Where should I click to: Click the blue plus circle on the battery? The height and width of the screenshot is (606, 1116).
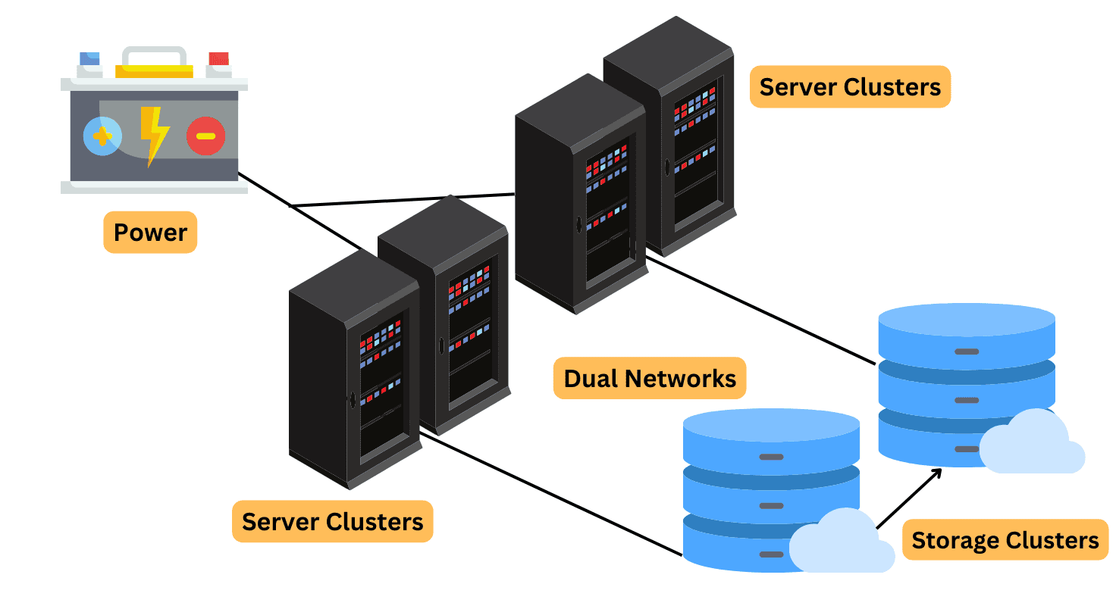(x=102, y=136)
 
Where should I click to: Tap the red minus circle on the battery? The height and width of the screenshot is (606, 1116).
(x=205, y=136)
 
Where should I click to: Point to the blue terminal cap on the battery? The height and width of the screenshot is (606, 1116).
(x=89, y=59)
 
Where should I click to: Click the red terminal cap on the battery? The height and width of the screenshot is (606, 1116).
(x=218, y=59)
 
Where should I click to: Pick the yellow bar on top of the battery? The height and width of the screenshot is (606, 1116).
(x=154, y=71)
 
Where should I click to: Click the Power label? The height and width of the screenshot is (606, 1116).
(x=150, y=232)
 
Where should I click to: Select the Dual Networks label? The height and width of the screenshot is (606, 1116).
(x=650, y=378)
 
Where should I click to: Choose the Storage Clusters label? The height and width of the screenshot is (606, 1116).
(x=1005, y=540)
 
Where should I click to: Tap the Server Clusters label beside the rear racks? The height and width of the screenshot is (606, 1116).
(x=850, y=86)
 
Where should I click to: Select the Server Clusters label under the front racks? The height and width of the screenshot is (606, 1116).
(x=332, y=521)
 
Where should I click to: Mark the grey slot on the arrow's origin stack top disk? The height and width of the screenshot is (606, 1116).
(x=771, y=457)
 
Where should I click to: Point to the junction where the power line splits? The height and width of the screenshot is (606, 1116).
(x=291, y=205)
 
